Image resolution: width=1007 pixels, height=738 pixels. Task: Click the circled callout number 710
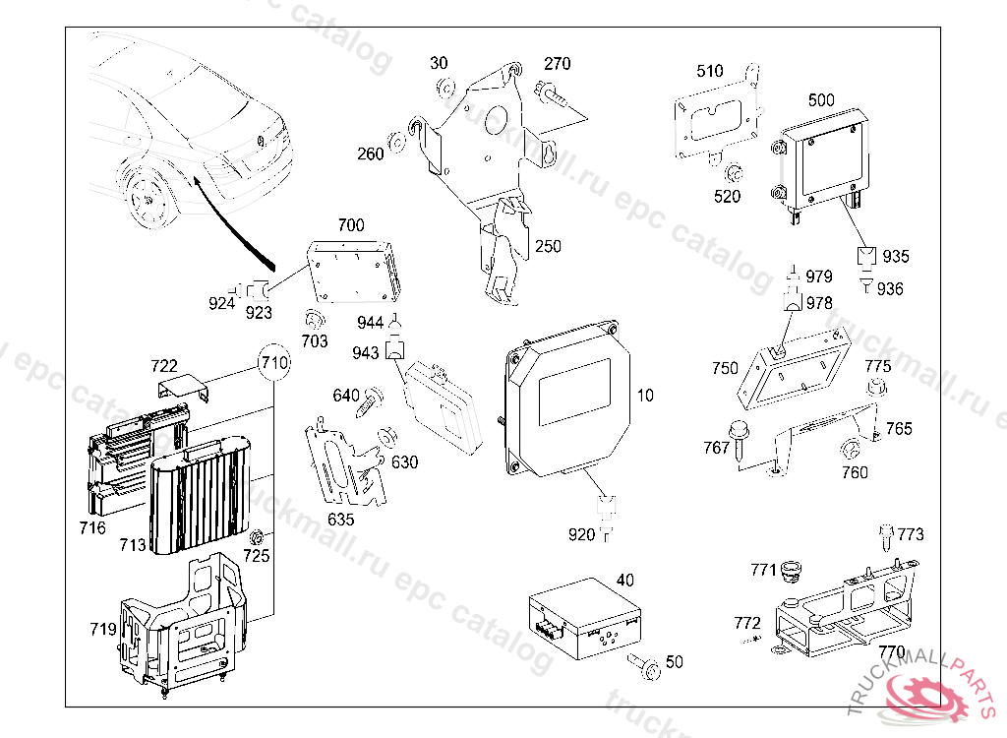[275, 362]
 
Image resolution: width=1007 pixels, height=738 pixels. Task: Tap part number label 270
[557, 64]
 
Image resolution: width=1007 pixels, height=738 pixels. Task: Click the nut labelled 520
[734, 174]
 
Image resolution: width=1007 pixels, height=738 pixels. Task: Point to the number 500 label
[821, 100]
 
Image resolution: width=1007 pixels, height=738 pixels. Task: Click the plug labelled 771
[790, 572]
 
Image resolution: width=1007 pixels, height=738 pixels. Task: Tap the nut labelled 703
[315, 320]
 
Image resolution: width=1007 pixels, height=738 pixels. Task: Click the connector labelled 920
[607, 512]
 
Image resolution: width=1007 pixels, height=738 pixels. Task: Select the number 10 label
[645, 396]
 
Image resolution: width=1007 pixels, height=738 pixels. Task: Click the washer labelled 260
[398, 145]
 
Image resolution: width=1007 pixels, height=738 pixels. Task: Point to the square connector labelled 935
[865, 255]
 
